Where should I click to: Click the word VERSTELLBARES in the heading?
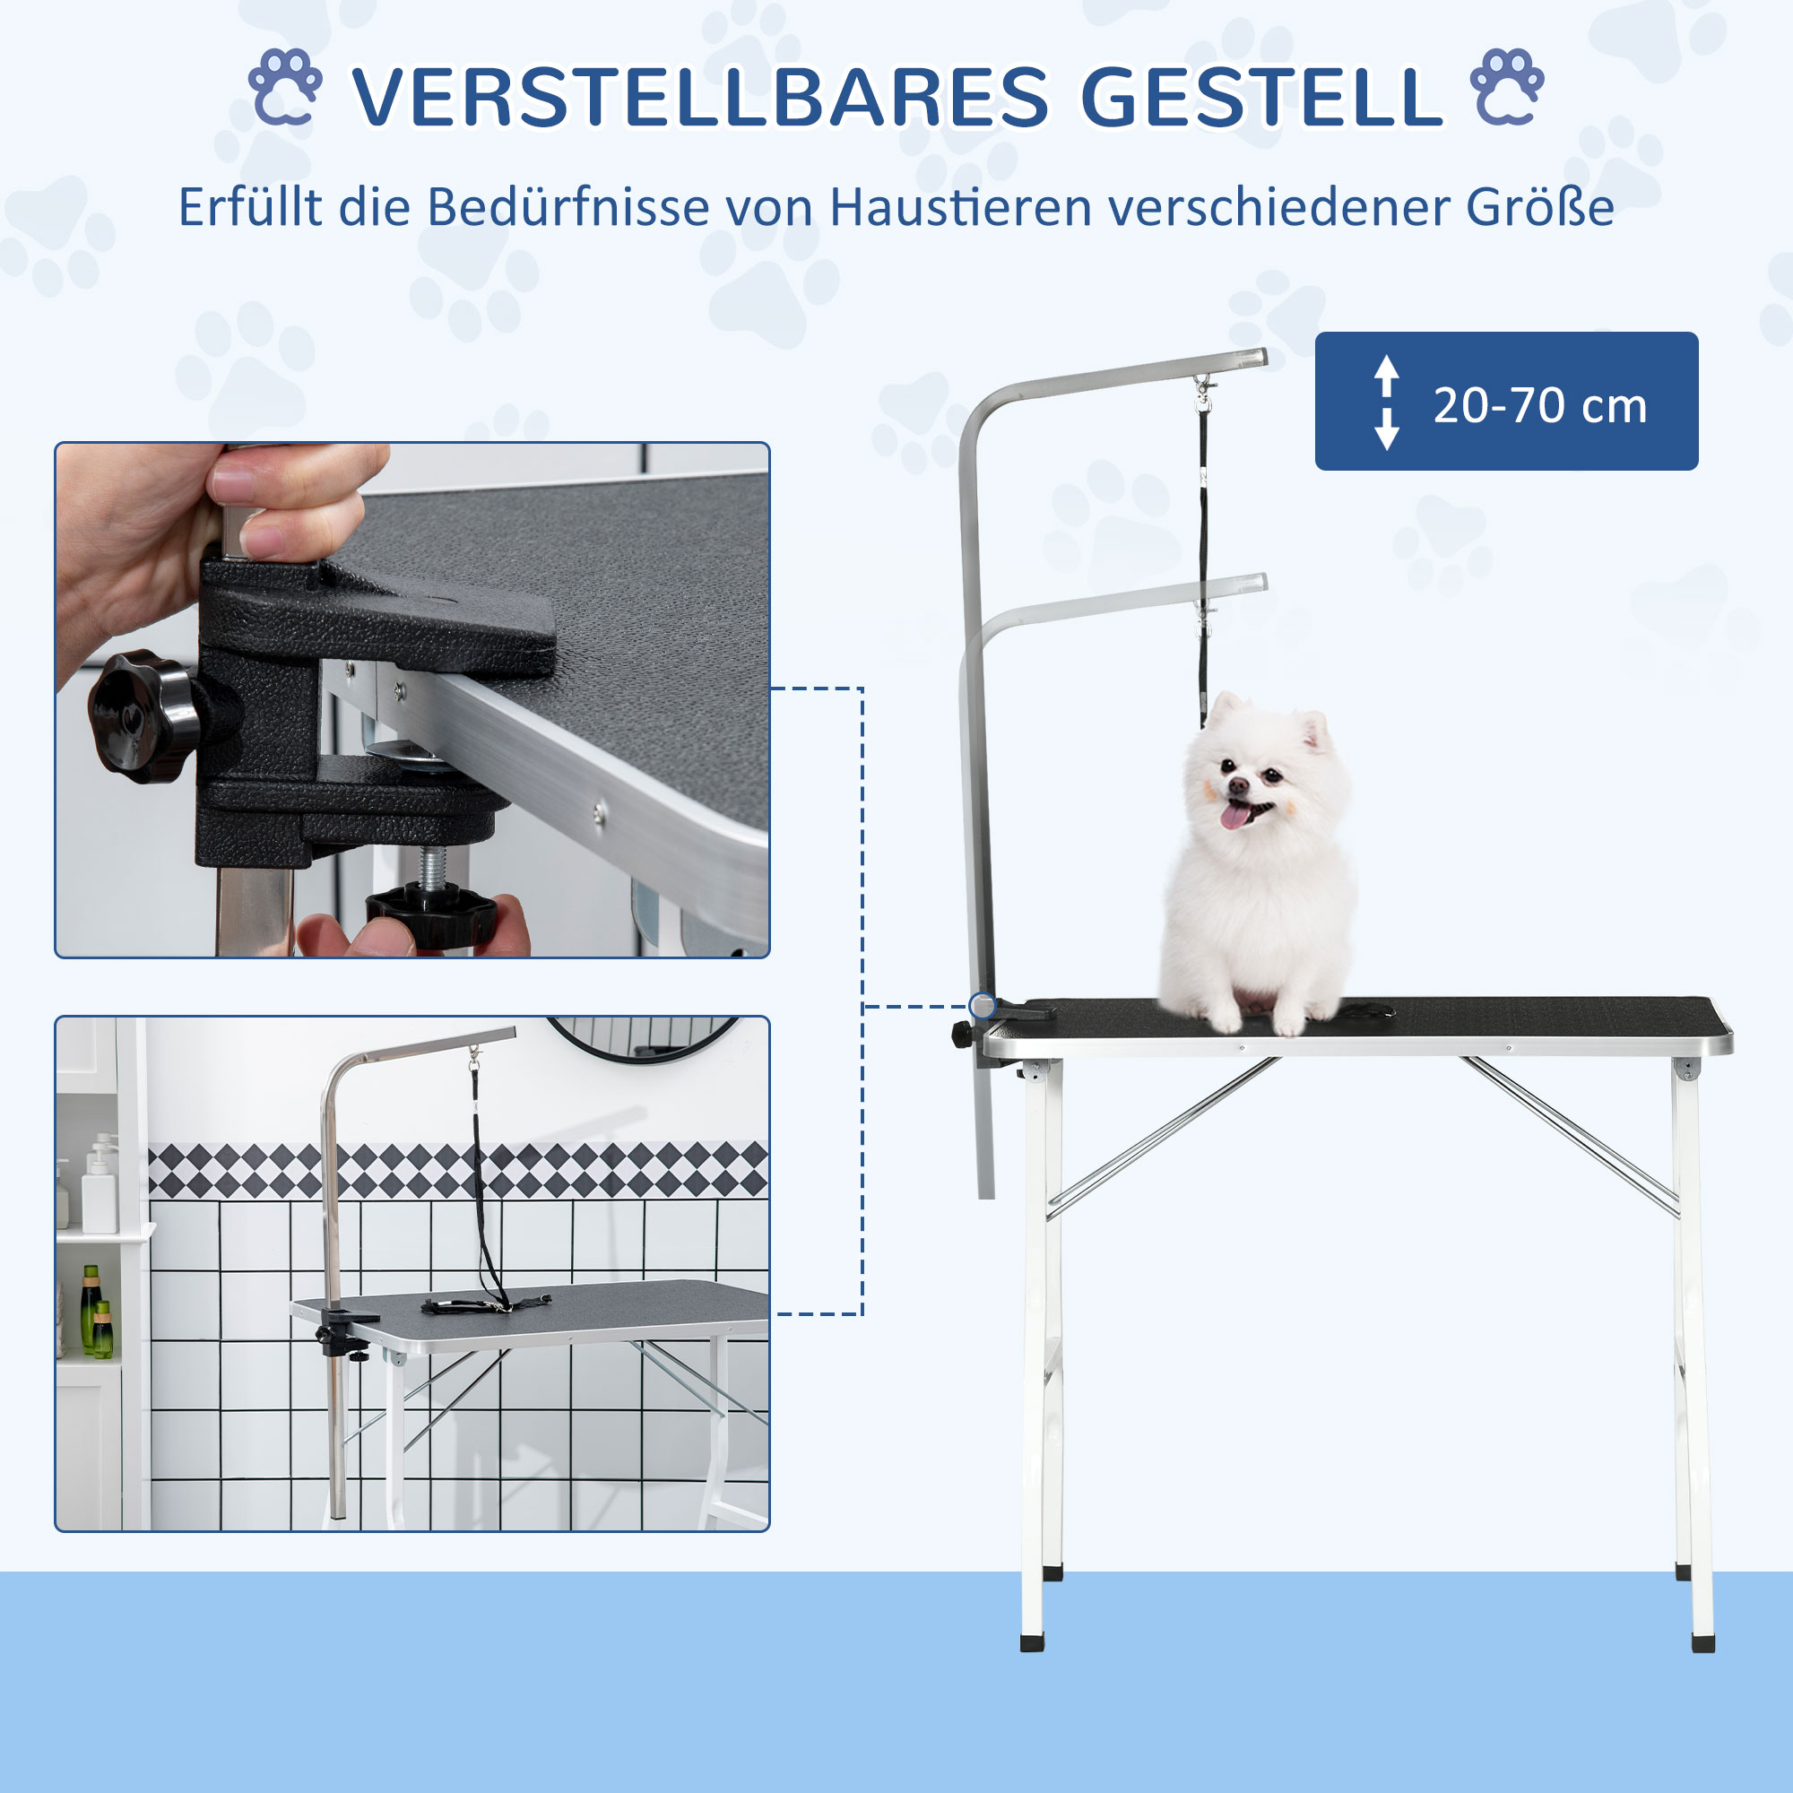point(700,98)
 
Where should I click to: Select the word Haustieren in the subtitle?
point(960,207)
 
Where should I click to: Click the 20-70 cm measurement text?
point(1539,405)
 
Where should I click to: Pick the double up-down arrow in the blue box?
point(1387,402)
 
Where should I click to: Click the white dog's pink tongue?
point(1234,815)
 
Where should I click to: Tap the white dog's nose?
point(1238,786)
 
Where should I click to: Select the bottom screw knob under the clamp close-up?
point(430,914)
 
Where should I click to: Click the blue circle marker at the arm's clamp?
point(982,1005)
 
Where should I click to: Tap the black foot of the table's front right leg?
point(1703,1643)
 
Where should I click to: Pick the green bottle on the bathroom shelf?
point(90,1310)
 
